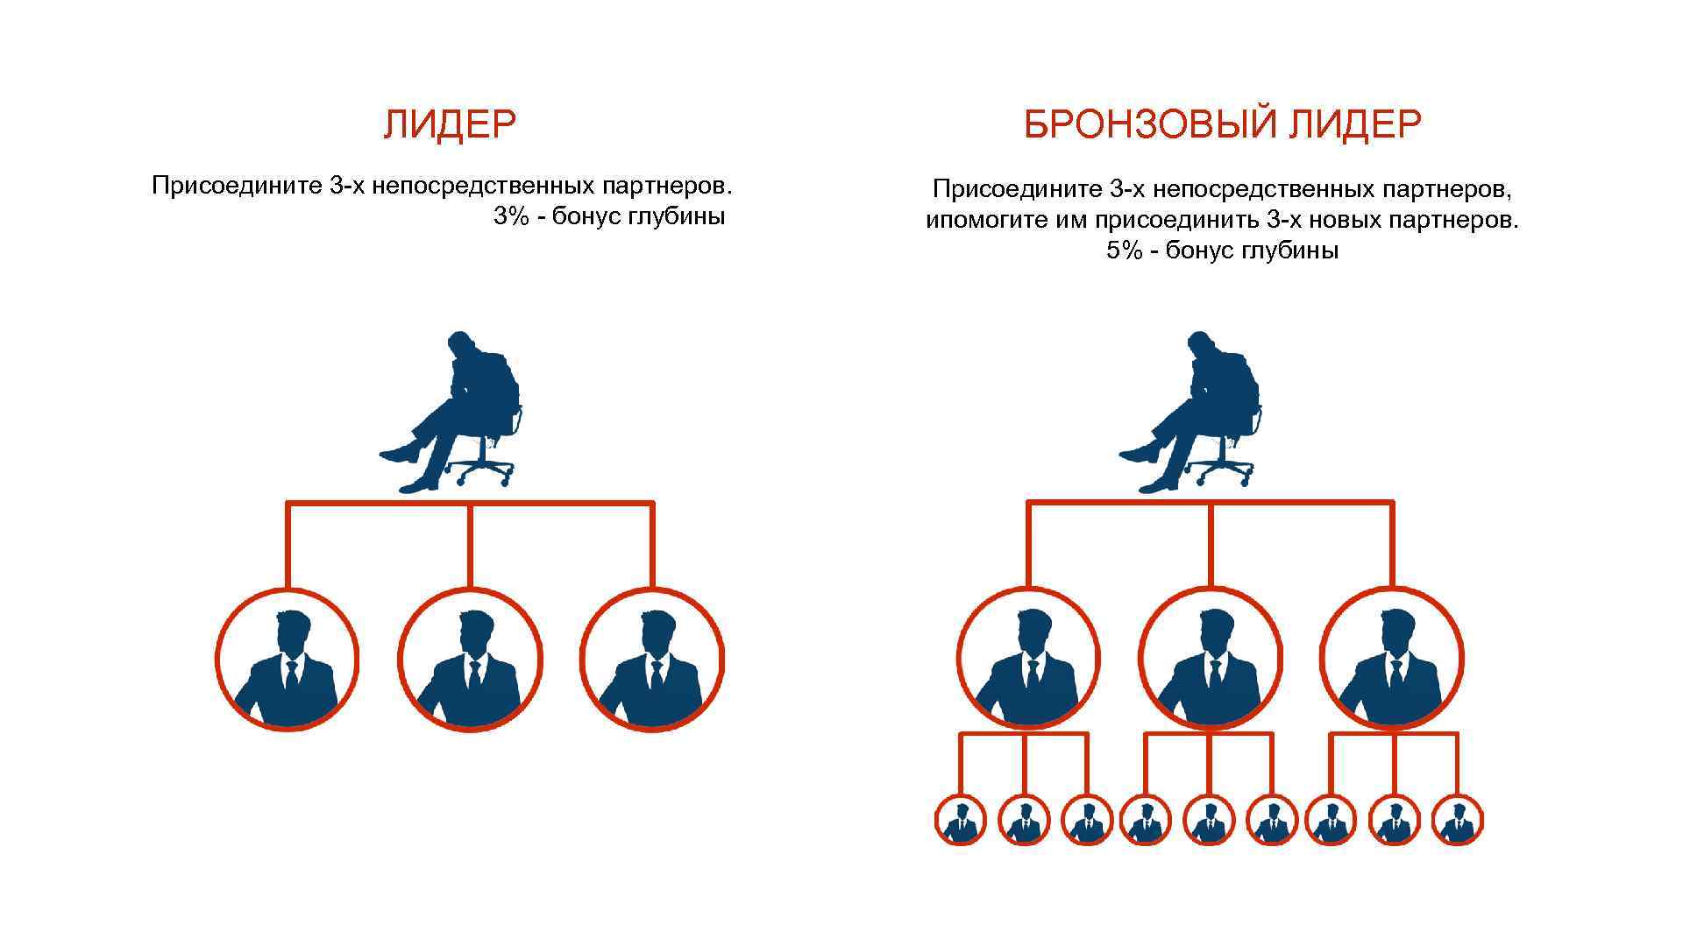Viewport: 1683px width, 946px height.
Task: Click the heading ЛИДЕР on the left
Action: (450, 125)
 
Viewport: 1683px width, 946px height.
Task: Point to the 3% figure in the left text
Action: (511, 216)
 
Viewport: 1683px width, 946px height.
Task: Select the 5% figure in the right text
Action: (1125, 251)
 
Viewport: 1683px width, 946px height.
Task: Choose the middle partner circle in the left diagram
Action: (470, 660)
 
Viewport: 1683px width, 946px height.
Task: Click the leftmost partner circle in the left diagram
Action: (288, 660)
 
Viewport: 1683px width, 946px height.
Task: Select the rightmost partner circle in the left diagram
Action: (652, 660)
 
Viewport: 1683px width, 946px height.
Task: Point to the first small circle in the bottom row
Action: (961, 821)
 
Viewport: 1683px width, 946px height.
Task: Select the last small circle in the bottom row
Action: (1457, 821)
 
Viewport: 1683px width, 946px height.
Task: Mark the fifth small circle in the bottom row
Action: (1209, 821)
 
